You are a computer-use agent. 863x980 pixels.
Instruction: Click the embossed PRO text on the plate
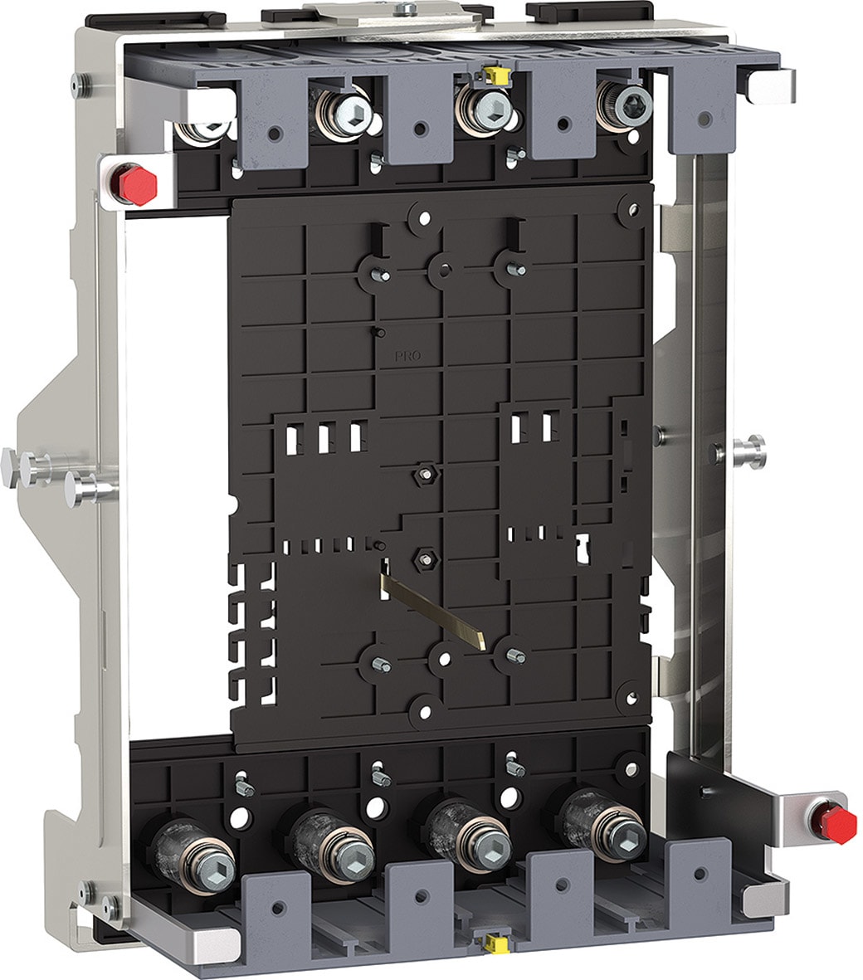click(x=408, y=356)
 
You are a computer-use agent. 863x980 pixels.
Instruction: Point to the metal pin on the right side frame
click(x=746, y=451)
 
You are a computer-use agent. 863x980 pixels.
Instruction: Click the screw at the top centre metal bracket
click(x=407, y=8)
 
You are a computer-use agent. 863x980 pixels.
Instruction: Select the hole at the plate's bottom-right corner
click(x=632, y=694)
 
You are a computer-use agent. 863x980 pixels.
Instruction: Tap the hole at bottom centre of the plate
click(x=425, y=710)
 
